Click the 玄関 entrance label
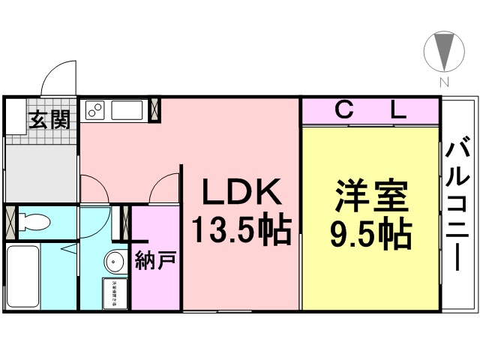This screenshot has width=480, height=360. pyautogui.click(x=49, y=118)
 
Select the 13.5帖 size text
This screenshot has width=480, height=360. pyautogui.click(x=240, y=231)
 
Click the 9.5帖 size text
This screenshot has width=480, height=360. pyautogui.click(x=371, y=235)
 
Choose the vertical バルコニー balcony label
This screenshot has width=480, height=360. pyautogui.click(x=458, y=202)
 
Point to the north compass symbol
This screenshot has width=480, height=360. pyautogui.click(x=443, y=52)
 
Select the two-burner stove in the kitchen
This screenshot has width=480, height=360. pyautogui.click(x=95, y=109)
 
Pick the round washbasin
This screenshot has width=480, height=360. pyautogui.click(x=114, y=262)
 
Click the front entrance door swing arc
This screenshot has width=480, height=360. pyautogui.click(x=60, y=79)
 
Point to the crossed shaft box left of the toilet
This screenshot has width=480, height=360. pyautogui.click(x=10, y=221)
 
